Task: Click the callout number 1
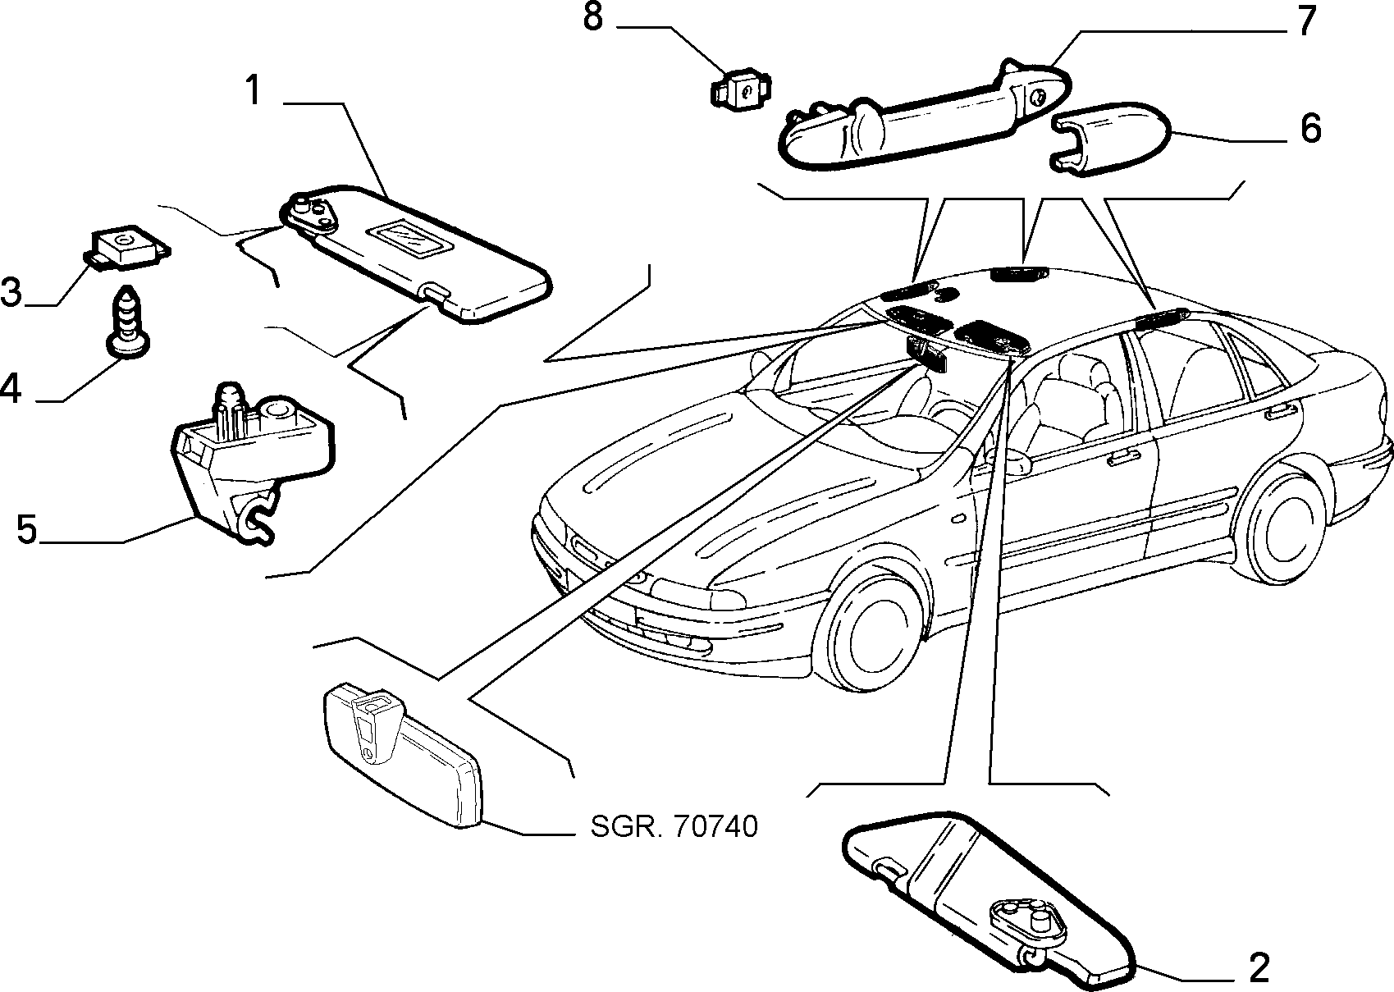tap(253, 90)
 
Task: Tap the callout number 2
tap(1259, 967)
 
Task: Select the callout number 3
tap(11, 292)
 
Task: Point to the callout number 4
tap(11, 389)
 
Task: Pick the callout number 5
tap(27, 529)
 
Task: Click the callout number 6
tap(1310, 129)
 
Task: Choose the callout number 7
tap(1305, 21)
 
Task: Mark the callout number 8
tap(593, 16)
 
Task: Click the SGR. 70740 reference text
tap(674, 827)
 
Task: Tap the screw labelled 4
tap(130, 322)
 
